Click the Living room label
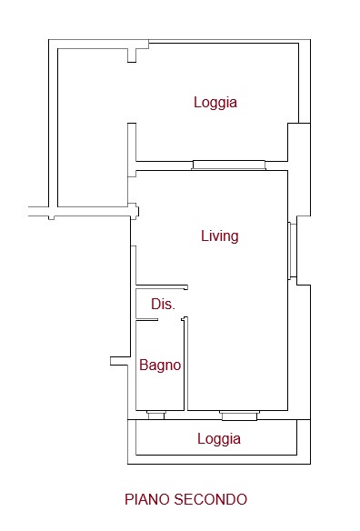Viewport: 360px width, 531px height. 220,236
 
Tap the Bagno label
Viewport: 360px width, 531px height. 160,366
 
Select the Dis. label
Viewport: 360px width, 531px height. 164,304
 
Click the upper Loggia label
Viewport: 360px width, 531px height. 215,102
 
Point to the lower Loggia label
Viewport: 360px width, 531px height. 219,439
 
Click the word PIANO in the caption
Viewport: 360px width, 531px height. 147,499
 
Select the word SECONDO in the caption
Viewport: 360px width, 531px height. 211,499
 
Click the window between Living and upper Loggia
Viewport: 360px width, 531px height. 228,165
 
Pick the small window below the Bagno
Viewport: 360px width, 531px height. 155,415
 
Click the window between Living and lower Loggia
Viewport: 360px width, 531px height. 239,416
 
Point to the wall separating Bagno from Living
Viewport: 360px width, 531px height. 185,364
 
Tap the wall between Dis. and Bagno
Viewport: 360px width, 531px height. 147,320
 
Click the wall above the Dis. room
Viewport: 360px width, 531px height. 162,286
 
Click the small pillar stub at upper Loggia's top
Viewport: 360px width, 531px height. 132,55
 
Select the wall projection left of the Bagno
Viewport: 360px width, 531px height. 120,361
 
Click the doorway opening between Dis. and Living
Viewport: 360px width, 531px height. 185,304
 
